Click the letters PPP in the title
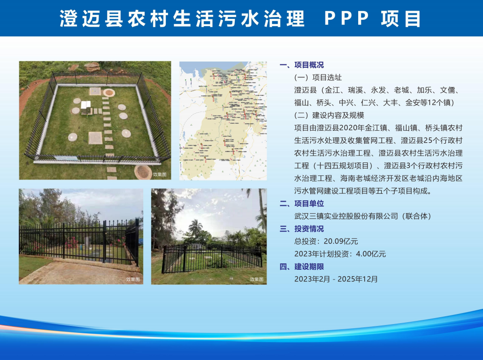coord(347,18)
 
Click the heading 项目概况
coord(309,65)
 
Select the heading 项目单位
coord(309,203)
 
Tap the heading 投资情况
coord(309,229)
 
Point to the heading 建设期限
coord(309,267)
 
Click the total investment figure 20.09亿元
coord(341,241)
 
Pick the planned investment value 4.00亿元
coord(371,254)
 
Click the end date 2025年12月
coord(358,279)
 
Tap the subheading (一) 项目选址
coord(318,78)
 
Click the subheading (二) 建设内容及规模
coord(329,116)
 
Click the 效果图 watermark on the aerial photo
coord(160,174)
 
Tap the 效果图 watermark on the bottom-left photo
coord(133,279)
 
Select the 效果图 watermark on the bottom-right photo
coord(256,279)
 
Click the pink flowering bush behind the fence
coord(71,242)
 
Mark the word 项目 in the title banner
coord(401,18)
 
